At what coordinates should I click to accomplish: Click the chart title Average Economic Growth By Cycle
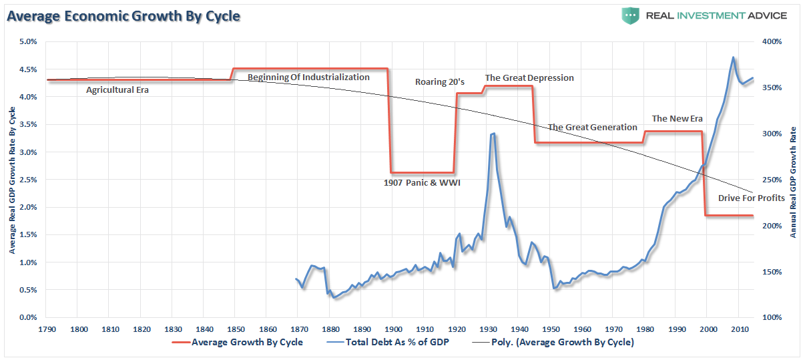point(123,15)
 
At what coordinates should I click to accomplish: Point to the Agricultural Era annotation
point(117,89)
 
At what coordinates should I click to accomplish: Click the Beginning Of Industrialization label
point(308,77)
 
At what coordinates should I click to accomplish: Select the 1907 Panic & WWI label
point(422,182)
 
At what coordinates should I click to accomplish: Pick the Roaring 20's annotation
point(440,81)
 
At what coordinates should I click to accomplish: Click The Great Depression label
point(529,77)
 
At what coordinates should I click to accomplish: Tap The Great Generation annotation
point(593,127)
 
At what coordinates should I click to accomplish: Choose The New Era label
point(678,118)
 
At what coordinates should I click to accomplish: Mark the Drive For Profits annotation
point(751,198)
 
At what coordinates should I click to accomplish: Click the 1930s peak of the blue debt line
point(493,134)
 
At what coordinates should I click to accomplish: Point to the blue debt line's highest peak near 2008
point(734,57)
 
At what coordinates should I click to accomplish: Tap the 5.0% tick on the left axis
point(27,41)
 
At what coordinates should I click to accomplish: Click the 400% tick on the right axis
point(772,41)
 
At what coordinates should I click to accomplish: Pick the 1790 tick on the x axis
point(47,329)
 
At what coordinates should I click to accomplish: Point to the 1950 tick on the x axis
point(550,329)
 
